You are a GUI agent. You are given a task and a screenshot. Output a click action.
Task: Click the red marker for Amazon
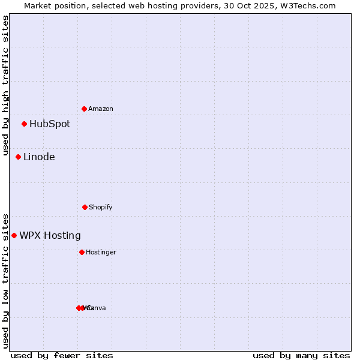click(x=85, y=109)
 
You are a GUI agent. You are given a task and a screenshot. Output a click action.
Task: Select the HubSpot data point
click(x=25, y=124)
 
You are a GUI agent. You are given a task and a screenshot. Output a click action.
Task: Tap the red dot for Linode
click(x=19, y=157)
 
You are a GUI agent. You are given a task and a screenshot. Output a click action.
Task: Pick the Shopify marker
click(x=85, y=207)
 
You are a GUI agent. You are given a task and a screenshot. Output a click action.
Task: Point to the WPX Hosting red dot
click(x=14, y=236)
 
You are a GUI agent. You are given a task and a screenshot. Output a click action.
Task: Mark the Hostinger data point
click(x=82, y=252)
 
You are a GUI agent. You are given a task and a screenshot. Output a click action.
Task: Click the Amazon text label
click(x=101, y=109)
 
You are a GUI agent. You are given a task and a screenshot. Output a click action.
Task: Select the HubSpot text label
click(x=50, y=124)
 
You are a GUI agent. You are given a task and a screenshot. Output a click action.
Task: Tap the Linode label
click(x=39, y=157)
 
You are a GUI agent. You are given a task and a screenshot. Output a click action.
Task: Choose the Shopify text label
click(x=101, y=207)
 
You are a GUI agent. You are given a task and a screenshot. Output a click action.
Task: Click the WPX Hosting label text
click(x=50, y=236)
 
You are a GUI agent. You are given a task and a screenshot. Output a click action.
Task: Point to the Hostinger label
click(x=101, y=252)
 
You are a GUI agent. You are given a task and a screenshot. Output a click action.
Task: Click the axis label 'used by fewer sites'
click(x=62, y=355)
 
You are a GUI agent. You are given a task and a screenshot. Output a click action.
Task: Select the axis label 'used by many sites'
click(x=301, y=355)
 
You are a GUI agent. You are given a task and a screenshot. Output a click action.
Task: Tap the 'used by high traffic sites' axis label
click(x=5, y=86)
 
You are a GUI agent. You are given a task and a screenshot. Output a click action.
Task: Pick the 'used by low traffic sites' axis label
click(x=5, y=280)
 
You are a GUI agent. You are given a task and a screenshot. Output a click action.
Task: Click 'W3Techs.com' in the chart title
click(x=310, y=5)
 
